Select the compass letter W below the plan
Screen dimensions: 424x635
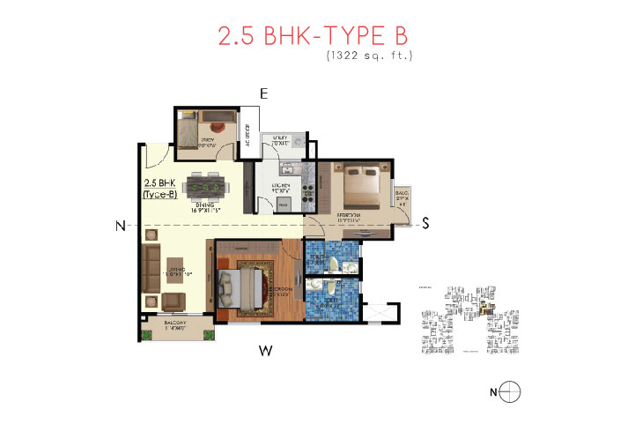tap(263, 352)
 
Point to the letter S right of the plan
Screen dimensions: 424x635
tap(425, 223)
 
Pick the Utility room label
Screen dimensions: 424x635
tap(282, 139)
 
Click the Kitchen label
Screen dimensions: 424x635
tap(282, 186)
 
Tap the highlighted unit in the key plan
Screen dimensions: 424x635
tap(492, 308)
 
